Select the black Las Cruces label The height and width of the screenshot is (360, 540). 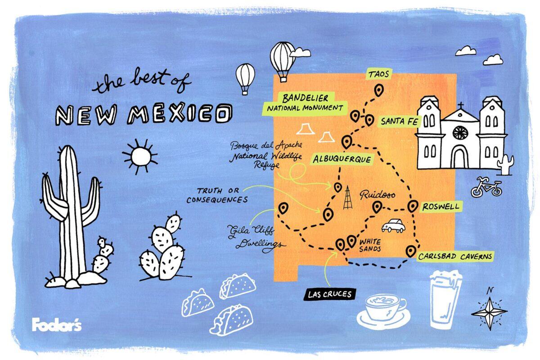point(329,295)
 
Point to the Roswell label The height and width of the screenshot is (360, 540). point(441,207)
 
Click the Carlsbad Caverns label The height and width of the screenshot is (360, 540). point(455,256)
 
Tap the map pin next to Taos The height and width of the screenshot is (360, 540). point(379,90)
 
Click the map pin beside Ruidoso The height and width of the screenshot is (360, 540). point(377,207)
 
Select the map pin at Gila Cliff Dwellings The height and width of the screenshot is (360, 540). point(283,208)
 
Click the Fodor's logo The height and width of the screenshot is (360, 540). point(56,324)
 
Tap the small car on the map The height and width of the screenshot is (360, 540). point(393,225)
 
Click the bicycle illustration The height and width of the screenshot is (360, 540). point(486,188)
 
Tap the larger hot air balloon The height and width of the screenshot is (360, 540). point(282,61)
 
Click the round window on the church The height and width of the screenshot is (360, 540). point(460,132)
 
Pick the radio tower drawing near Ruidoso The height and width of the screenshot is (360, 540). point(347,198)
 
